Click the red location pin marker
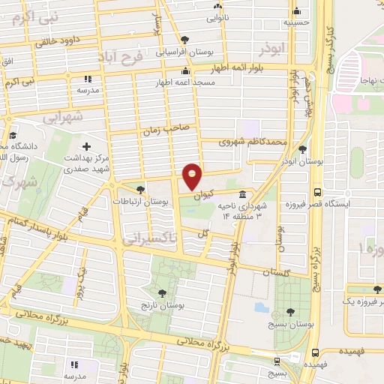point(193,175)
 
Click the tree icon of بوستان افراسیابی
point(185,40)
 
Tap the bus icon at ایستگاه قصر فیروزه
point(317,192)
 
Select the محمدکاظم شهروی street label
point(253,141)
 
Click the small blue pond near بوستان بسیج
point(260,307)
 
